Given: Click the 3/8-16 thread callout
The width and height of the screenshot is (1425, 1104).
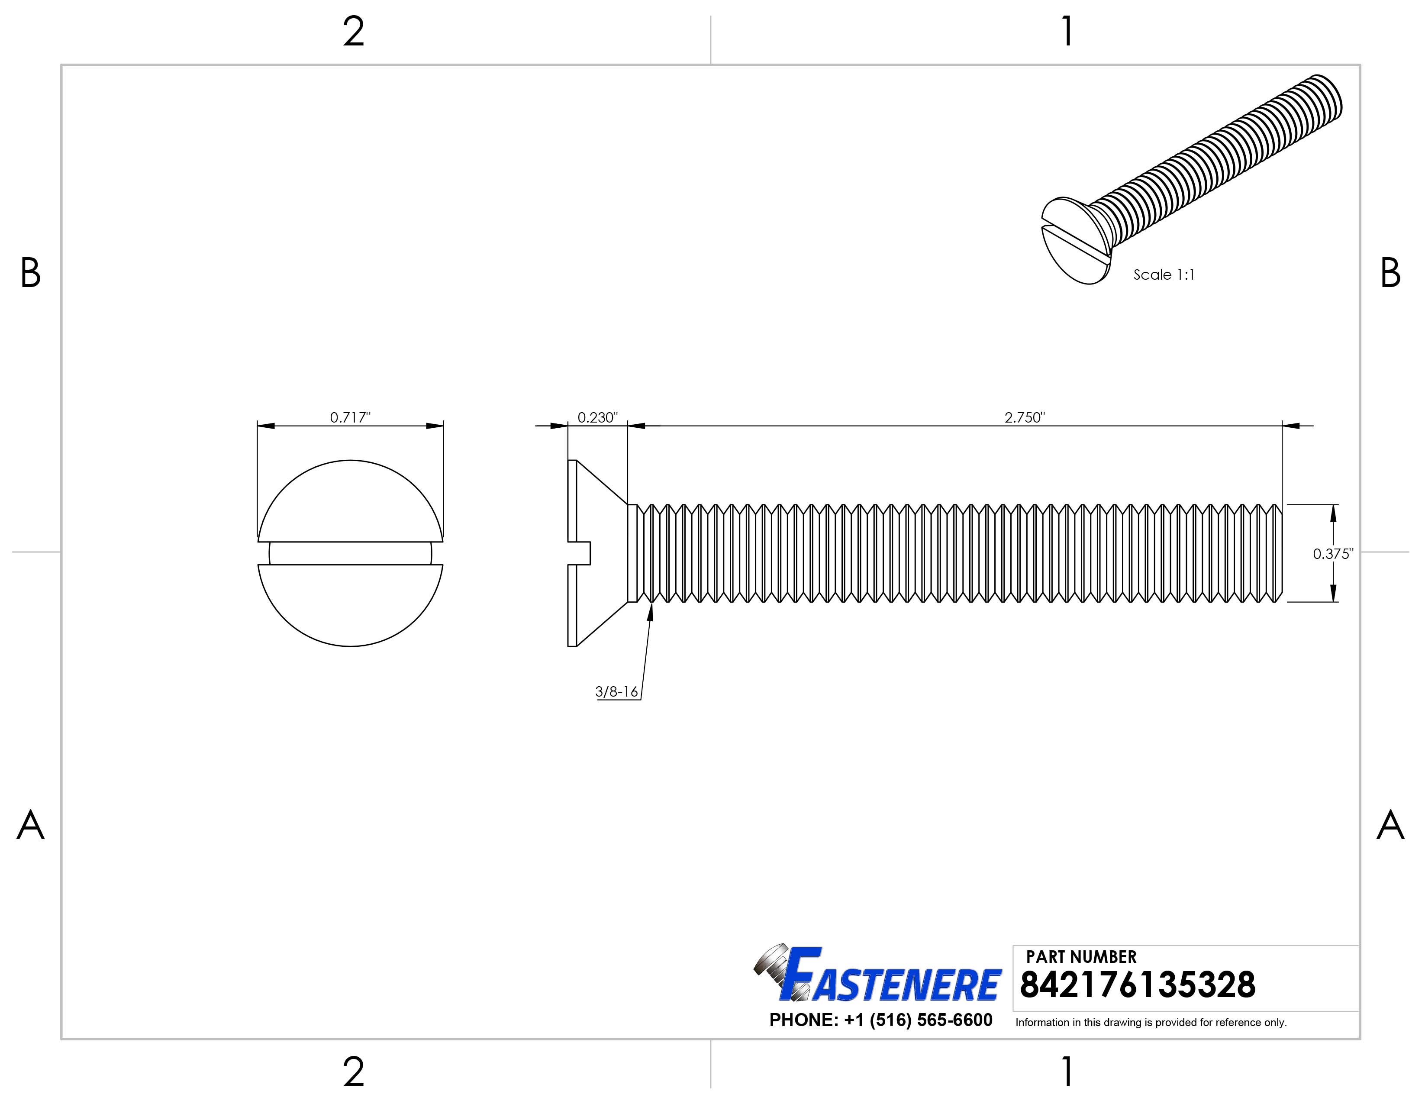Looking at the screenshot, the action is (616, 692).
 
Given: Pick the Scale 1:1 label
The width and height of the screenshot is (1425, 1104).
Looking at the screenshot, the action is (1164, 274).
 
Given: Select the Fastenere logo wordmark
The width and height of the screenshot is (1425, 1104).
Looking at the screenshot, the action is (891, 977).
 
